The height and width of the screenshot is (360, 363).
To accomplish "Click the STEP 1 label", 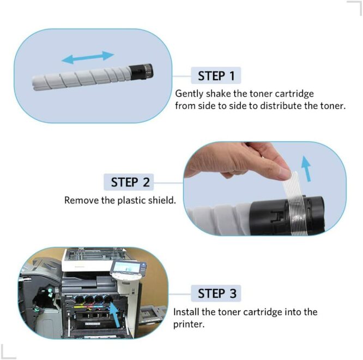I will click(217, 75).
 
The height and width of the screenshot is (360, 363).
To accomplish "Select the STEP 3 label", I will click(217, 293).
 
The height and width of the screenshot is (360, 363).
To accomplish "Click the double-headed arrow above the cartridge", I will click(87, 57).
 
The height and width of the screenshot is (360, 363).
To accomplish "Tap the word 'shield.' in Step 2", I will click(162, 200).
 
